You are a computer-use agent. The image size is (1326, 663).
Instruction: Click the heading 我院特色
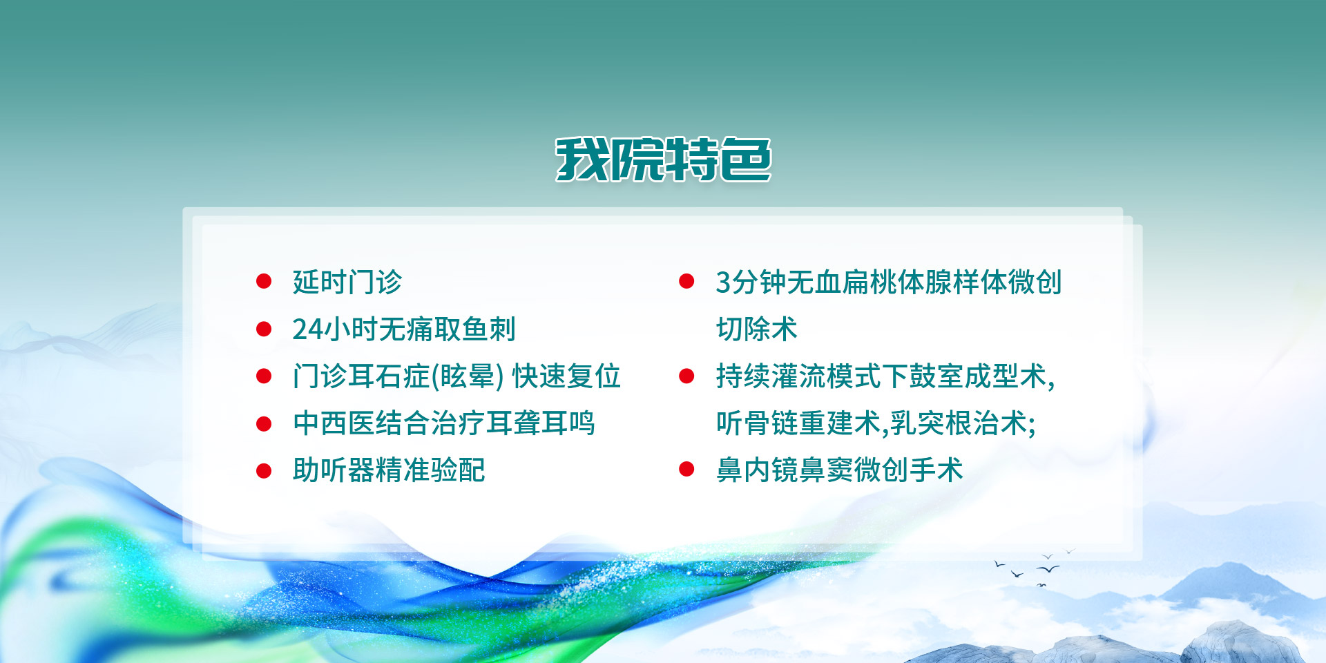coord(663,160)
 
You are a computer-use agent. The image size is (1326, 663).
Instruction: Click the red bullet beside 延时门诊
coord(264,281)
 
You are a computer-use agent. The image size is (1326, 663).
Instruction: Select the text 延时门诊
coord(347,282)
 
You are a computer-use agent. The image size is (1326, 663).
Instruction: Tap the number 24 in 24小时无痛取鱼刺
coord(307,329)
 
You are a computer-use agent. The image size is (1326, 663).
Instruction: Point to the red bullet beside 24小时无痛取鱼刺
coord(264,329)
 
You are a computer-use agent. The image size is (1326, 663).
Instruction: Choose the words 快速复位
coord(566,376)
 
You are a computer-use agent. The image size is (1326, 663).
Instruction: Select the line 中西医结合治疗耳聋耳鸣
coord(443,423)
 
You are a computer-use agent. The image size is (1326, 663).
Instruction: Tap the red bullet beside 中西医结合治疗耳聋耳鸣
coord(264,423)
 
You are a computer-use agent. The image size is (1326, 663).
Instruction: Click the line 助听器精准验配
coord(389,470)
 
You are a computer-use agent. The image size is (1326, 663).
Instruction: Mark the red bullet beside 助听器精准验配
coord(264,470)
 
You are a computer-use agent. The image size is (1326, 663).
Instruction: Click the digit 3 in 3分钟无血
coord(723,282)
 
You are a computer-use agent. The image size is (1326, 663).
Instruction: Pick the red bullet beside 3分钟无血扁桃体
coord(686,281)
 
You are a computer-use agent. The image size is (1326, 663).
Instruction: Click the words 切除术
coord(757,329)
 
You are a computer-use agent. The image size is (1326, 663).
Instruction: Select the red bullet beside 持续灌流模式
coord(686,376)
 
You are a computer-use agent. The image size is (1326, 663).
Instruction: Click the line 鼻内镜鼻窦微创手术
coord(840,470)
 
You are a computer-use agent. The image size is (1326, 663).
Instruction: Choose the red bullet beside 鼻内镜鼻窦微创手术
coord(686,470)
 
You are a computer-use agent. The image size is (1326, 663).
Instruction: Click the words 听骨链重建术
coord(798,423)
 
